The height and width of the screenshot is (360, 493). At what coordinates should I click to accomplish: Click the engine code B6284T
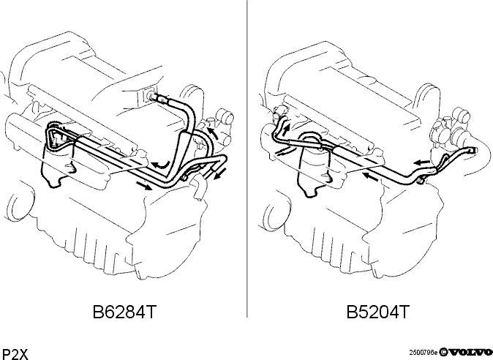pyautogui.click(x=124, y=312)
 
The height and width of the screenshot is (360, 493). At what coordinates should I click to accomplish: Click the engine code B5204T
pyautogui.click(x=378, y=312)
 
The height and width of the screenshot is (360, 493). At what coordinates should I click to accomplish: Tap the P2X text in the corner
pyautogui.click(x=15, y=354)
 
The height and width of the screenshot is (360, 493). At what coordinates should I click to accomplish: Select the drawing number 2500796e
pyautogui.click(x=423, y=353)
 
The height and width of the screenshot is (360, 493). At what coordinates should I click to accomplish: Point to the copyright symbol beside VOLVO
pyautogui.click(x=443, y=352)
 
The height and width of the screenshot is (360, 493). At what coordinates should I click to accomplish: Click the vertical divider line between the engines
pyautogui.click(x=247, y=159)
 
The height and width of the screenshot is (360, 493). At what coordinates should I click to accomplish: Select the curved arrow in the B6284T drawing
pyautogui.click(x=162, y=164)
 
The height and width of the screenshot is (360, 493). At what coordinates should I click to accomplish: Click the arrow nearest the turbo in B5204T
pyautogui.click(x=421, y=162)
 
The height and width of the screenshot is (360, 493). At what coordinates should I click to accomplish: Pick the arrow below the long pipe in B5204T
pyautogui.click(x=370, y=176)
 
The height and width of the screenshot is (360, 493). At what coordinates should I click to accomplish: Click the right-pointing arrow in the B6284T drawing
pyautogui.click(x=144, y=186)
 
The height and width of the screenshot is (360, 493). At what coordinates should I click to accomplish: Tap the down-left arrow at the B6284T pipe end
pyautogui.click(x=219, y=174)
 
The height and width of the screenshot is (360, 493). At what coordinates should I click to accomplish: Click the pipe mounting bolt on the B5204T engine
pyautogui.click(x=421, y=181)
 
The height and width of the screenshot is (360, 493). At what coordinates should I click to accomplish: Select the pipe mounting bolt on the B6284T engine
pyautogui.click(x=185, y=179)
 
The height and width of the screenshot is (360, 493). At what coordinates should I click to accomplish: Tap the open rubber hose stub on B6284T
pyautogui.click(x=200, y=188)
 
